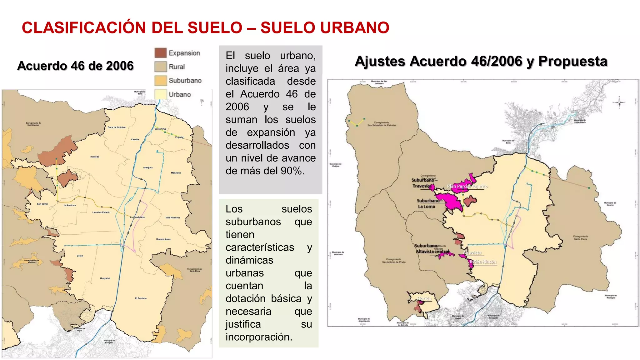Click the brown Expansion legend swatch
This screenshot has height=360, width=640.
[160, 53]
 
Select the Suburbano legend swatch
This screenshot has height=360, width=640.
[160, 81]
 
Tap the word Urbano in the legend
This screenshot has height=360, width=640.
[180, 94]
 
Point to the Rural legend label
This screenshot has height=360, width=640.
[177, 67]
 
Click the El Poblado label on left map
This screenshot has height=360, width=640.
[141, 298]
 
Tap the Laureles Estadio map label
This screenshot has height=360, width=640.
[101, 212]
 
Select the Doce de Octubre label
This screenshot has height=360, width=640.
[117, 127]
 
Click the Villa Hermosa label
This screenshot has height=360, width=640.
[173, 217]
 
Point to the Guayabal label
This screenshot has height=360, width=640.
[105, 278]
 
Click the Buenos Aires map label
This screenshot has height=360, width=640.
[163, 239]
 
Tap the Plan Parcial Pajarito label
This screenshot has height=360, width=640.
[467, 186]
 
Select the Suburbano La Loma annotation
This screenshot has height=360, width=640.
[427, 203]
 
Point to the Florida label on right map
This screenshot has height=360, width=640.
[424, 299]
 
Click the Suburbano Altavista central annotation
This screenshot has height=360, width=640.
[432, 248]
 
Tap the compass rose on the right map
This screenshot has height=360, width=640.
[619, 102]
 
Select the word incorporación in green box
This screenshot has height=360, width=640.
[259, 337]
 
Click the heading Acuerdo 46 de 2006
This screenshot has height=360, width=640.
[75, 66]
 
